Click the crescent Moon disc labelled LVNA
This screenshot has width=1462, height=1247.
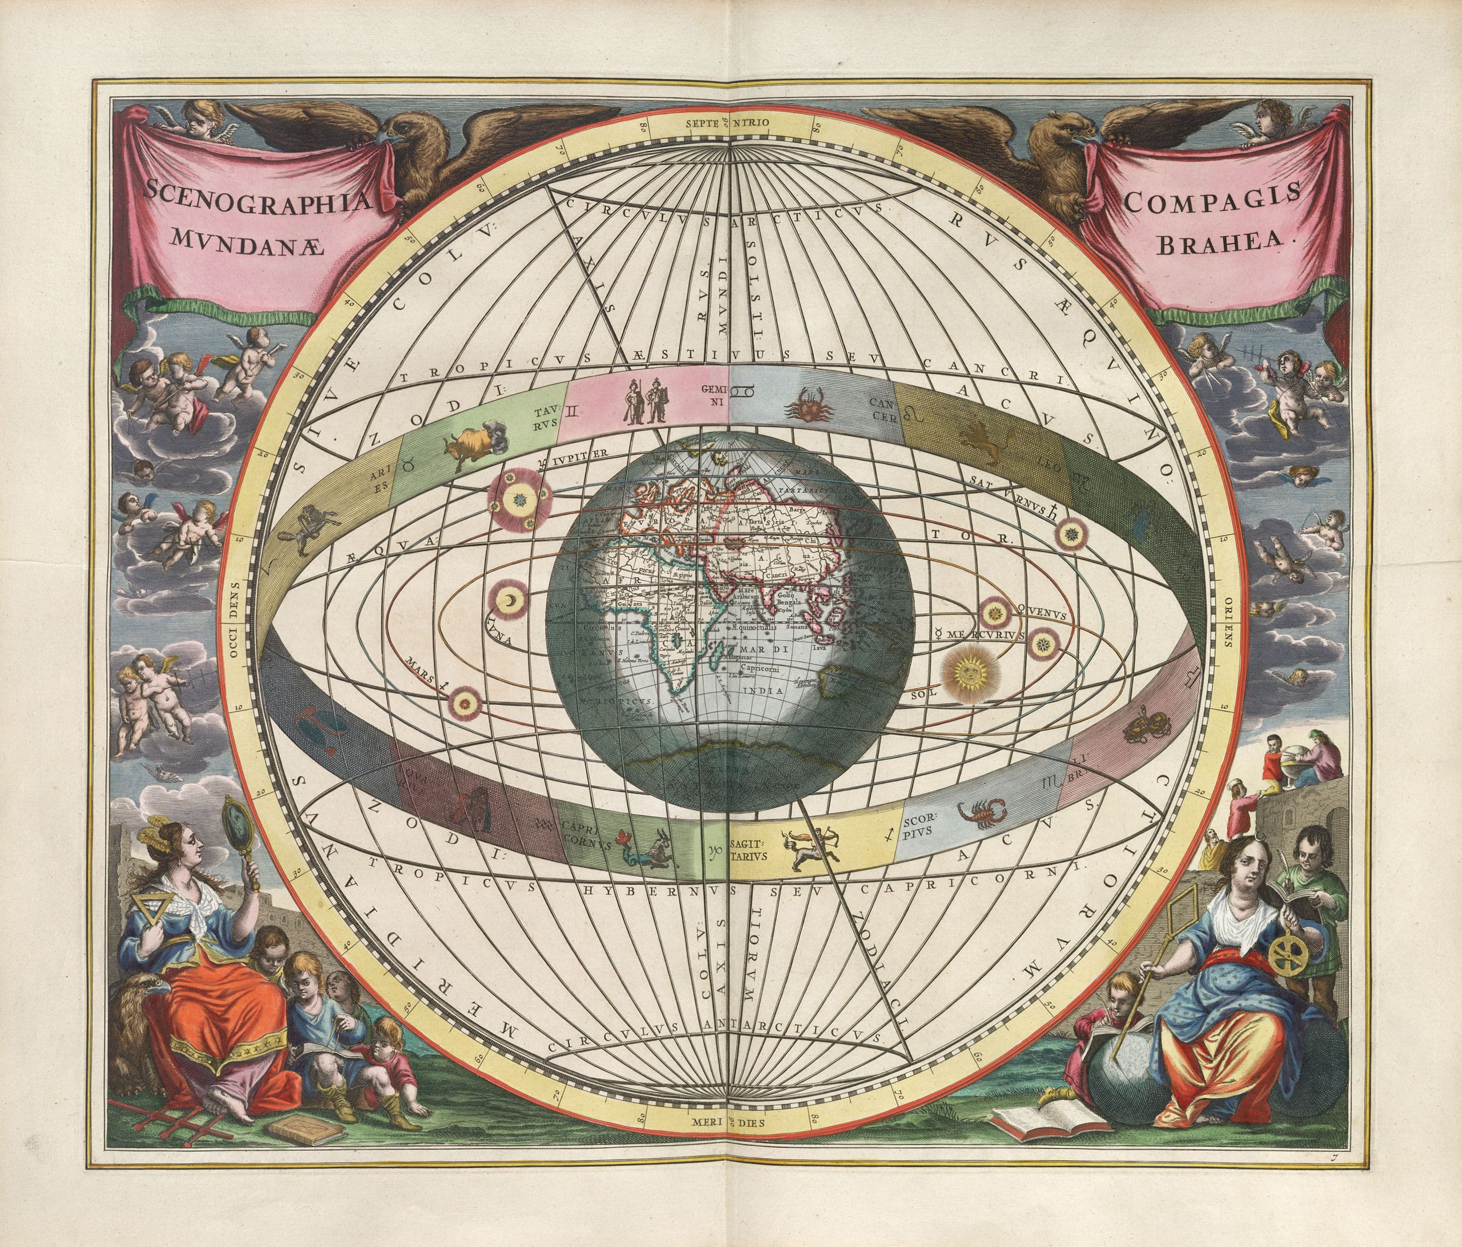click(x=508, y=600)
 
